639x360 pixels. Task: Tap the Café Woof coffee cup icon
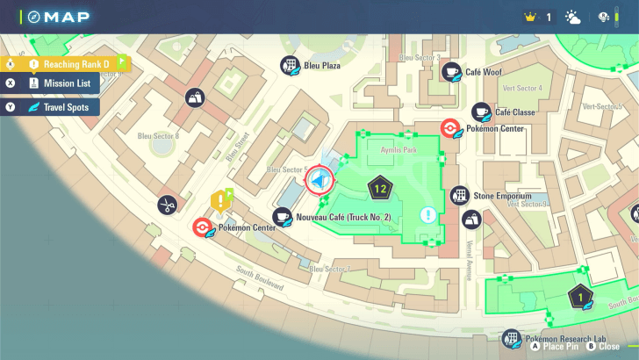[x=452, y=72]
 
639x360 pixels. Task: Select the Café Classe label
[x=515, y=112]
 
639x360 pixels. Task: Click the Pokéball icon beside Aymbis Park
[x=449, y=128]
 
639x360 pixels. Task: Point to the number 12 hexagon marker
[x=380, y=187]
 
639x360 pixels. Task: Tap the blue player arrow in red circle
[x=319, y=181]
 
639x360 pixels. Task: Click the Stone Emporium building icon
[x=459, y=195]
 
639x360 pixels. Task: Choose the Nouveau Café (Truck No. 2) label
[x=343, y=216]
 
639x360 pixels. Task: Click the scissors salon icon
[x=167, y=205]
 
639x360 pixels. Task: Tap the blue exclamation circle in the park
[x=427, y=214]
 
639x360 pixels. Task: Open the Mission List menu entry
[x=60, y=83]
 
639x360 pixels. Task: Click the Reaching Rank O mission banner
[x=70, y=64]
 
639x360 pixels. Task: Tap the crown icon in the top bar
[x=529, y=17]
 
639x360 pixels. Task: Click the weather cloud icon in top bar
[x=573, y=17]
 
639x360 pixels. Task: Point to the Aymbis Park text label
[x=397, y=150]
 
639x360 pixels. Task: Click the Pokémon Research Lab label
[x=566, y=338]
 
